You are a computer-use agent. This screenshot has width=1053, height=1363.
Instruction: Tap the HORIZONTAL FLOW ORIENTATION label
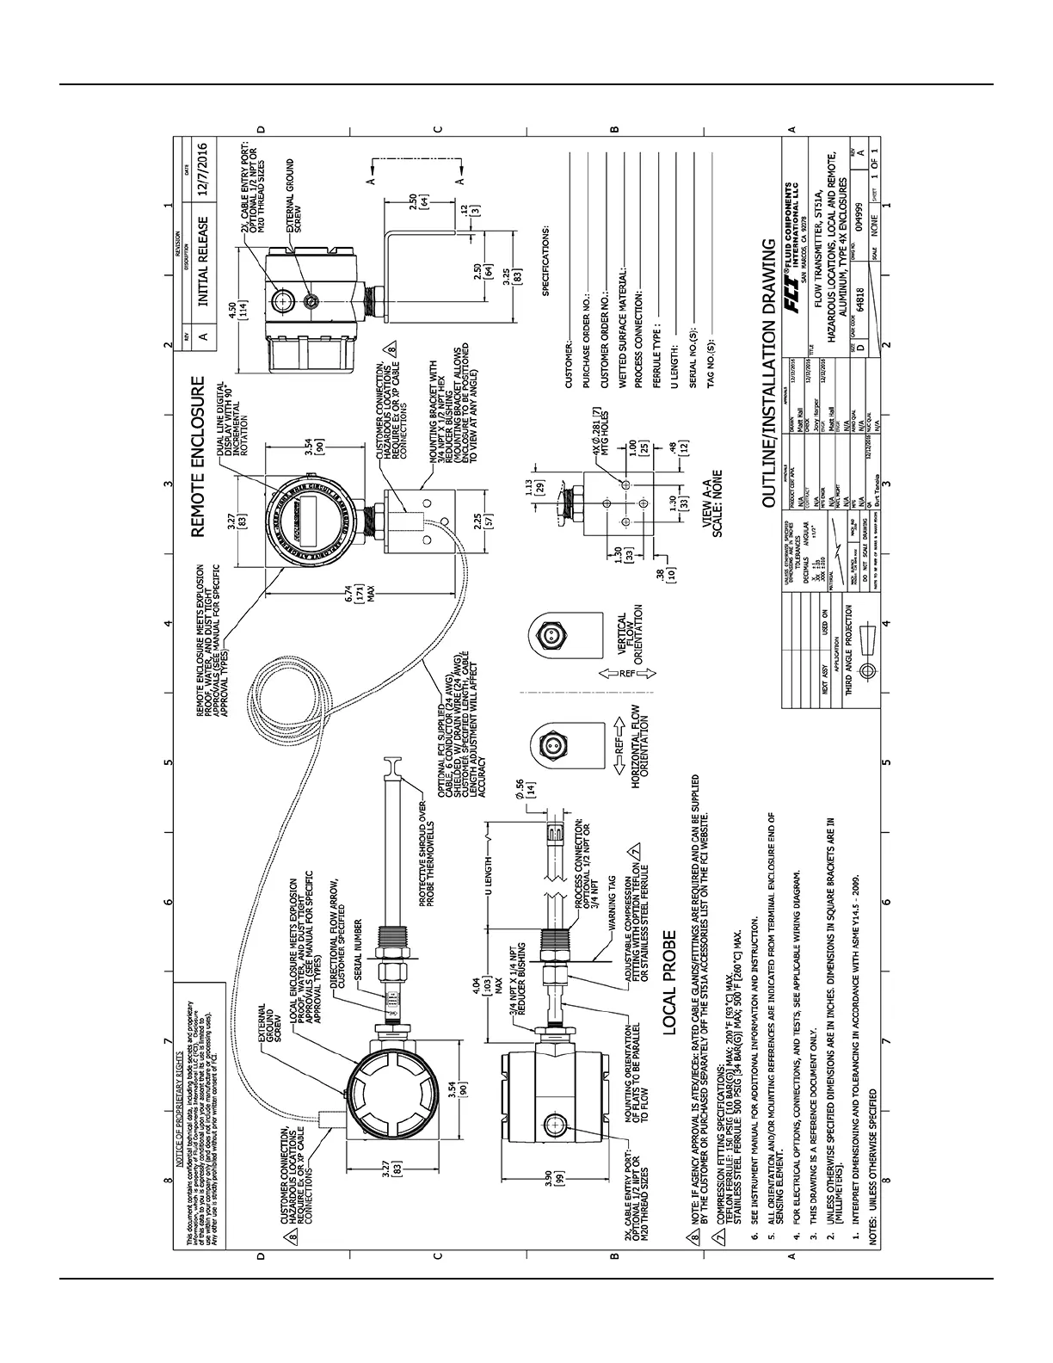[638, 743]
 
